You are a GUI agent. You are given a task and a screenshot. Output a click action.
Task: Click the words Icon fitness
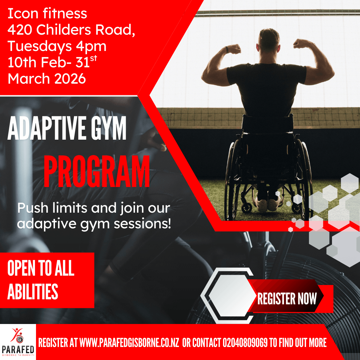coord(47,13)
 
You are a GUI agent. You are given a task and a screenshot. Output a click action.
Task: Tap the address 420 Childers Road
coord(71,30)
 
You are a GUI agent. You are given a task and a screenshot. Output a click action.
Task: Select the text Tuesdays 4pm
coord(57,46)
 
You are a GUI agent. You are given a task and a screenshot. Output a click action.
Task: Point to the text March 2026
coord(47,79)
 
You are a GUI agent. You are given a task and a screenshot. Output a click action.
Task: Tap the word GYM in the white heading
coord(109,128)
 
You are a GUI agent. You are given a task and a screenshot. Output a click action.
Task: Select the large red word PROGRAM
coord(97,171)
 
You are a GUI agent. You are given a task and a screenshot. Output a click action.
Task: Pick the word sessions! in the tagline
coord(142,224)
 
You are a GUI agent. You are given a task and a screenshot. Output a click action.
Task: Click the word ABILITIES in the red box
coord(33,291)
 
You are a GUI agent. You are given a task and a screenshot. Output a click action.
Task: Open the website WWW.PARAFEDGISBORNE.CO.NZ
coord(129,343)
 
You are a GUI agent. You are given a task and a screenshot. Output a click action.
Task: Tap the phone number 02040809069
coord(245,343)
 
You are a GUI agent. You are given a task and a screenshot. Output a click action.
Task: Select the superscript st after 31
coord(93,58)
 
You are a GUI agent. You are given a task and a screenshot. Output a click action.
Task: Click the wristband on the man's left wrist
coord(227,50)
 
